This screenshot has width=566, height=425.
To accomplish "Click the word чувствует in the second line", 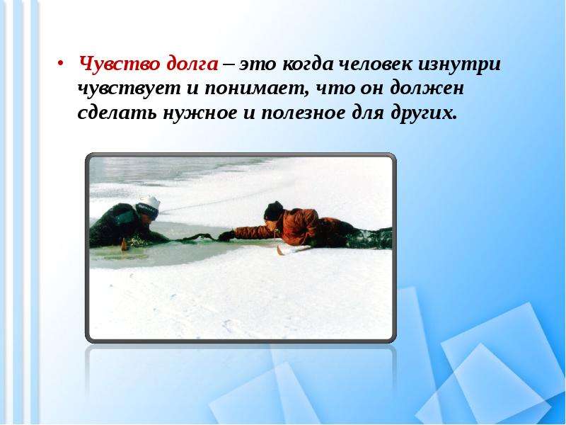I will pyautogui.click(x=123, y=89).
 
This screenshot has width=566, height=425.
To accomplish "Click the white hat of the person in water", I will pyautogui.click(x=149, y=203).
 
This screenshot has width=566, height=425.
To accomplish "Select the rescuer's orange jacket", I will pyautogui.click(x=297, y=223).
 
